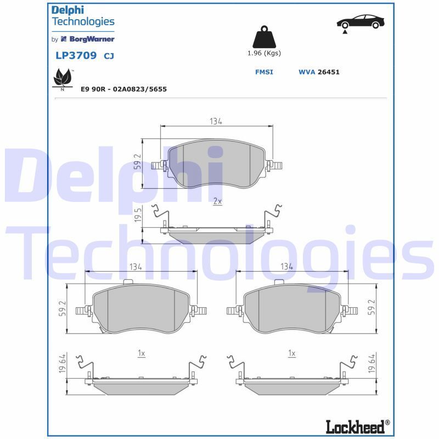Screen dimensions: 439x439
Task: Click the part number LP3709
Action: pyautogui.click(x=76, y=55)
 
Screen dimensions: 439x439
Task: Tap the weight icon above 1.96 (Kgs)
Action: pyautogui.click(x=264, y=37)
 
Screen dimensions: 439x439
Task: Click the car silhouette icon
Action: pyautogui.click(x=361, y=23)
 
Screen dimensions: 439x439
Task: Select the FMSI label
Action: pyautogui.click(x=264, y=72)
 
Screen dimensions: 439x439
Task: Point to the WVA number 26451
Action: pyautogui.click(x=328, y=72)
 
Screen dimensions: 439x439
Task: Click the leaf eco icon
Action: pyautogui.click(x=62, y=78)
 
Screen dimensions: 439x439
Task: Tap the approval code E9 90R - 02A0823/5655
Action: pyautogui.click(x=123, y=89)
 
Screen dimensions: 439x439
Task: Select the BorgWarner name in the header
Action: pyautogui.click(x=92, y=39)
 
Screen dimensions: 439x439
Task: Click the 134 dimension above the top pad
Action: pyautogui.click(x=216, y=121)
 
